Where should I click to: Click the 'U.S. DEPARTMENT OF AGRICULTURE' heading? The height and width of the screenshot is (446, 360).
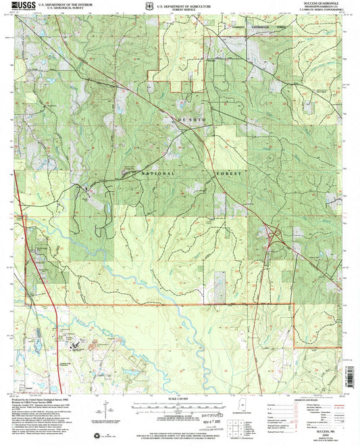(180, 5)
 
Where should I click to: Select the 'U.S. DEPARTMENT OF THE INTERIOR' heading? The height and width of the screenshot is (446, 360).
(68, 5)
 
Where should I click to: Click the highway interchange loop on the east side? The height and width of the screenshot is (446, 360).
(275, 236)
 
